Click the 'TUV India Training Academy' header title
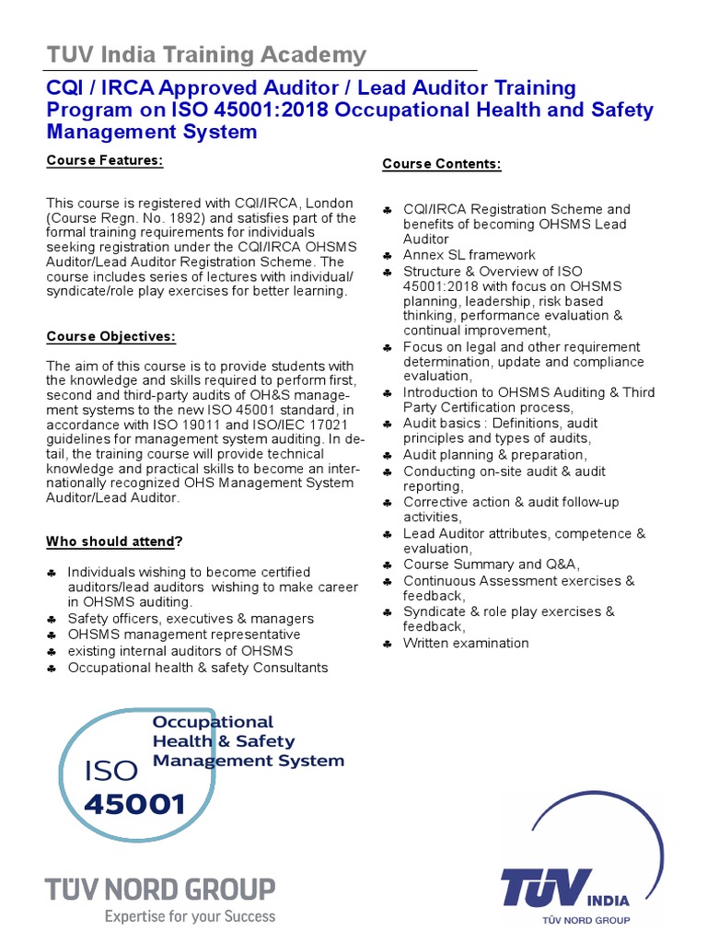point(206,55)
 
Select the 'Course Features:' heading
point(105,161)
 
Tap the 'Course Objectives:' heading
point(111,337)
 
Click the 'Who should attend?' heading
point(114,541)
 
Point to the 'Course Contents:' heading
point(442,164)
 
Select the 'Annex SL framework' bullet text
point(469,255)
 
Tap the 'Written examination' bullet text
point(466,643)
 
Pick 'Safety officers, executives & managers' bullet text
point(191,619)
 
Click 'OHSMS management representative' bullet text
point(184,634)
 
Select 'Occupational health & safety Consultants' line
point(198,667)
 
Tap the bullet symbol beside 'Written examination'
point(388,644)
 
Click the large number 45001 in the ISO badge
point(134,805)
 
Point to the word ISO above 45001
point(110,771)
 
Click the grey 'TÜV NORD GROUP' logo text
point(160,890)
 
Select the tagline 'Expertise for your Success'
point(189,916)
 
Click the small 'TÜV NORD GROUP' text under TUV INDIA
point(585,920)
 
